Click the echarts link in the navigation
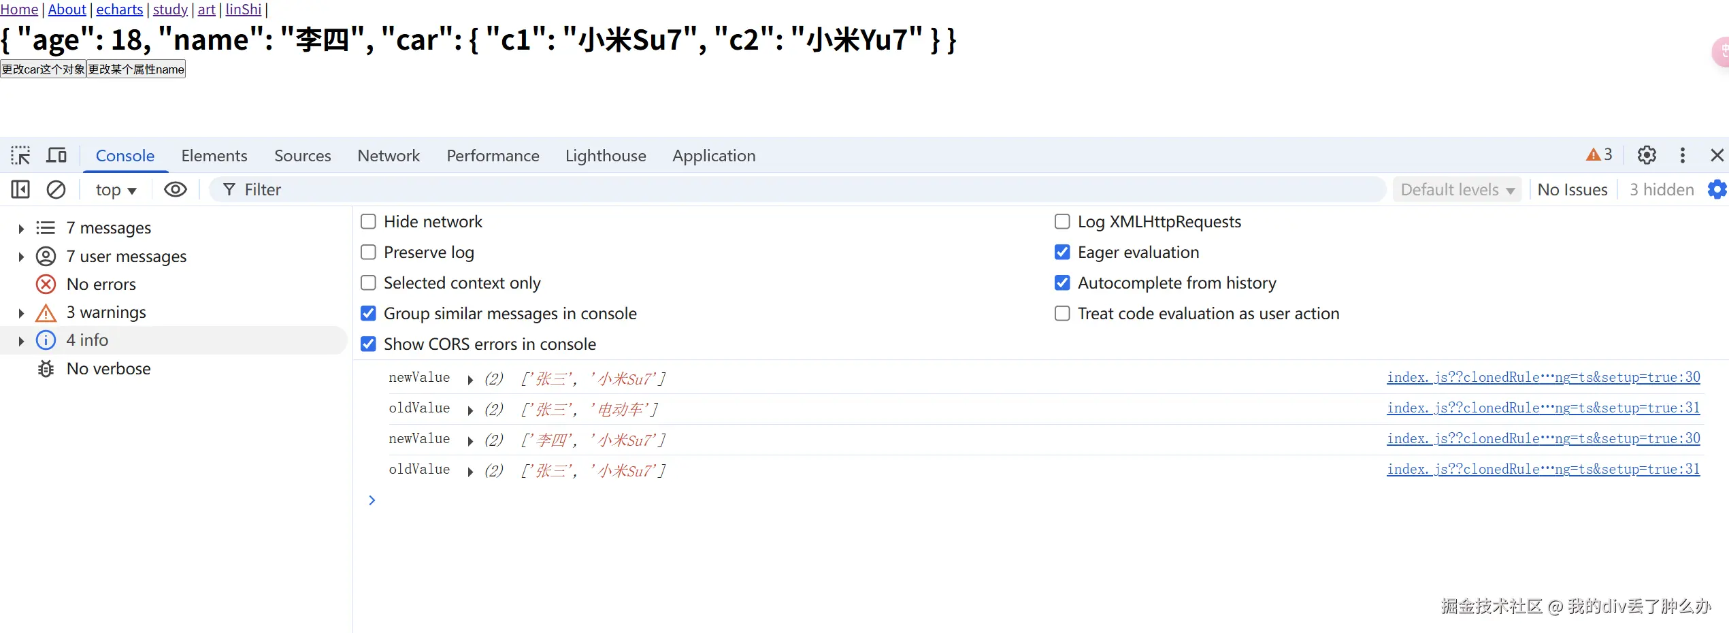click(120, 10)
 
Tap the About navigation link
click(67, 10)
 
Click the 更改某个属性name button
click(136, 69)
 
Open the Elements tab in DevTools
click(214, 156)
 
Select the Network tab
click(389, 156)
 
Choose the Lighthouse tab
click(606, 156)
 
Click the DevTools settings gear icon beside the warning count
click(1647, 155)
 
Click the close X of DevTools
click(1717, 155)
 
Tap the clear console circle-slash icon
click(56, 189)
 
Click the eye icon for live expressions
click(176, 189)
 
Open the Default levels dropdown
click(1457, 190)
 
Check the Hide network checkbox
click(368, 222)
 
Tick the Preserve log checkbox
click(368, 253)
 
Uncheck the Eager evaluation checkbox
click(1062, 253)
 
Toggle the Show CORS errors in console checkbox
click(368, 344)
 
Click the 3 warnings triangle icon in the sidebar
click(46, 313)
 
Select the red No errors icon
click(46, 285)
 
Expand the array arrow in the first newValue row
click(470, 380)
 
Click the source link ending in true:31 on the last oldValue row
click(1543, 469)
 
